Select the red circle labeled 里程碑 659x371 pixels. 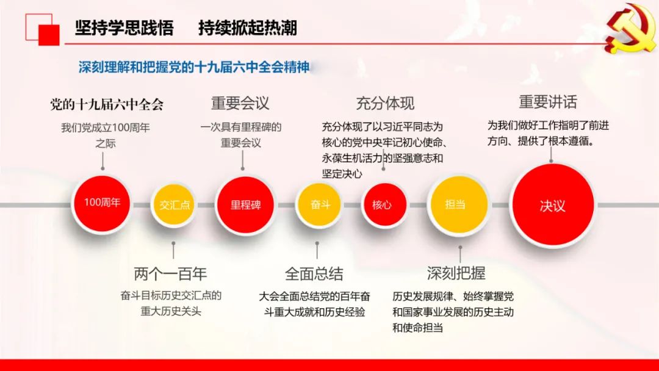245,205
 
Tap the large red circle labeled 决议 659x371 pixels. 553,204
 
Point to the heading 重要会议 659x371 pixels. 240,103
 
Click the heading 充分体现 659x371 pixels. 385,103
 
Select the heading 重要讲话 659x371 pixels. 548,102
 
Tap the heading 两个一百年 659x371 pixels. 170,274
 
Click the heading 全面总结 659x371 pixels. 314,274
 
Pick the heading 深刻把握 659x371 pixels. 456,273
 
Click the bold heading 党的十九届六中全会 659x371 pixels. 107,104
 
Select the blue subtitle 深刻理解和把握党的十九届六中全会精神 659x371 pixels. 194,67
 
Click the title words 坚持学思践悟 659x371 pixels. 124,27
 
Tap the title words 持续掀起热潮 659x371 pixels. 248,27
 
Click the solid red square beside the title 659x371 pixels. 49,35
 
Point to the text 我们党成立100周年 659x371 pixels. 106,128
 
